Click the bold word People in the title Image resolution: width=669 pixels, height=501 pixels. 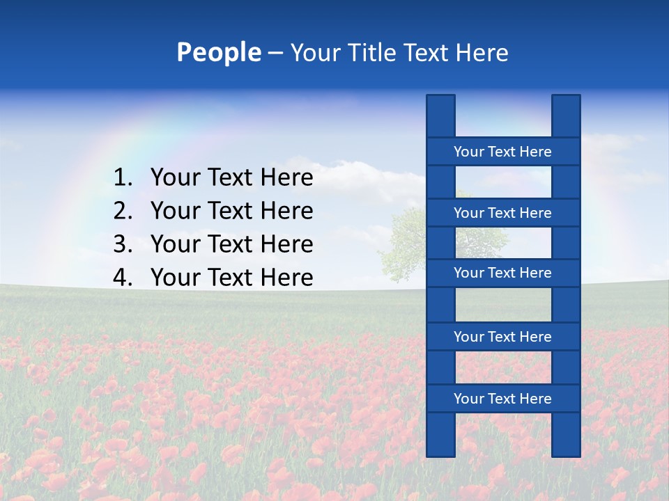click(218, 52)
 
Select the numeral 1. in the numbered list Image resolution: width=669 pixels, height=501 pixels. click(123, 178)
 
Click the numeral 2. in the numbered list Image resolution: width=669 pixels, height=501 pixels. click(123, 211)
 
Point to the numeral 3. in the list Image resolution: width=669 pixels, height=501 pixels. click(123, 244)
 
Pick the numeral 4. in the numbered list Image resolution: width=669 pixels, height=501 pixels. click(123, 278)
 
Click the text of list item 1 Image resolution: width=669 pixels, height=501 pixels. click(231, 178)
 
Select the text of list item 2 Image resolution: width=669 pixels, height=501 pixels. click(231, 211)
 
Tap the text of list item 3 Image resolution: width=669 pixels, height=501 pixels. click(231, 244)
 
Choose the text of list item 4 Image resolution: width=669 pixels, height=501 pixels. click(231, 278)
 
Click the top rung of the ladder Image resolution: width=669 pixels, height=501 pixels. click(502, 152)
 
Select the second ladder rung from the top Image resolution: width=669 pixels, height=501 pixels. click(502, 213)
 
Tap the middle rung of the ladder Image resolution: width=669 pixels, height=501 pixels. click(502, 273)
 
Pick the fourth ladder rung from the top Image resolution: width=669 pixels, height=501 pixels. click(502, 337)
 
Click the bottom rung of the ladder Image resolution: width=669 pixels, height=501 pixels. click(502, 399)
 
